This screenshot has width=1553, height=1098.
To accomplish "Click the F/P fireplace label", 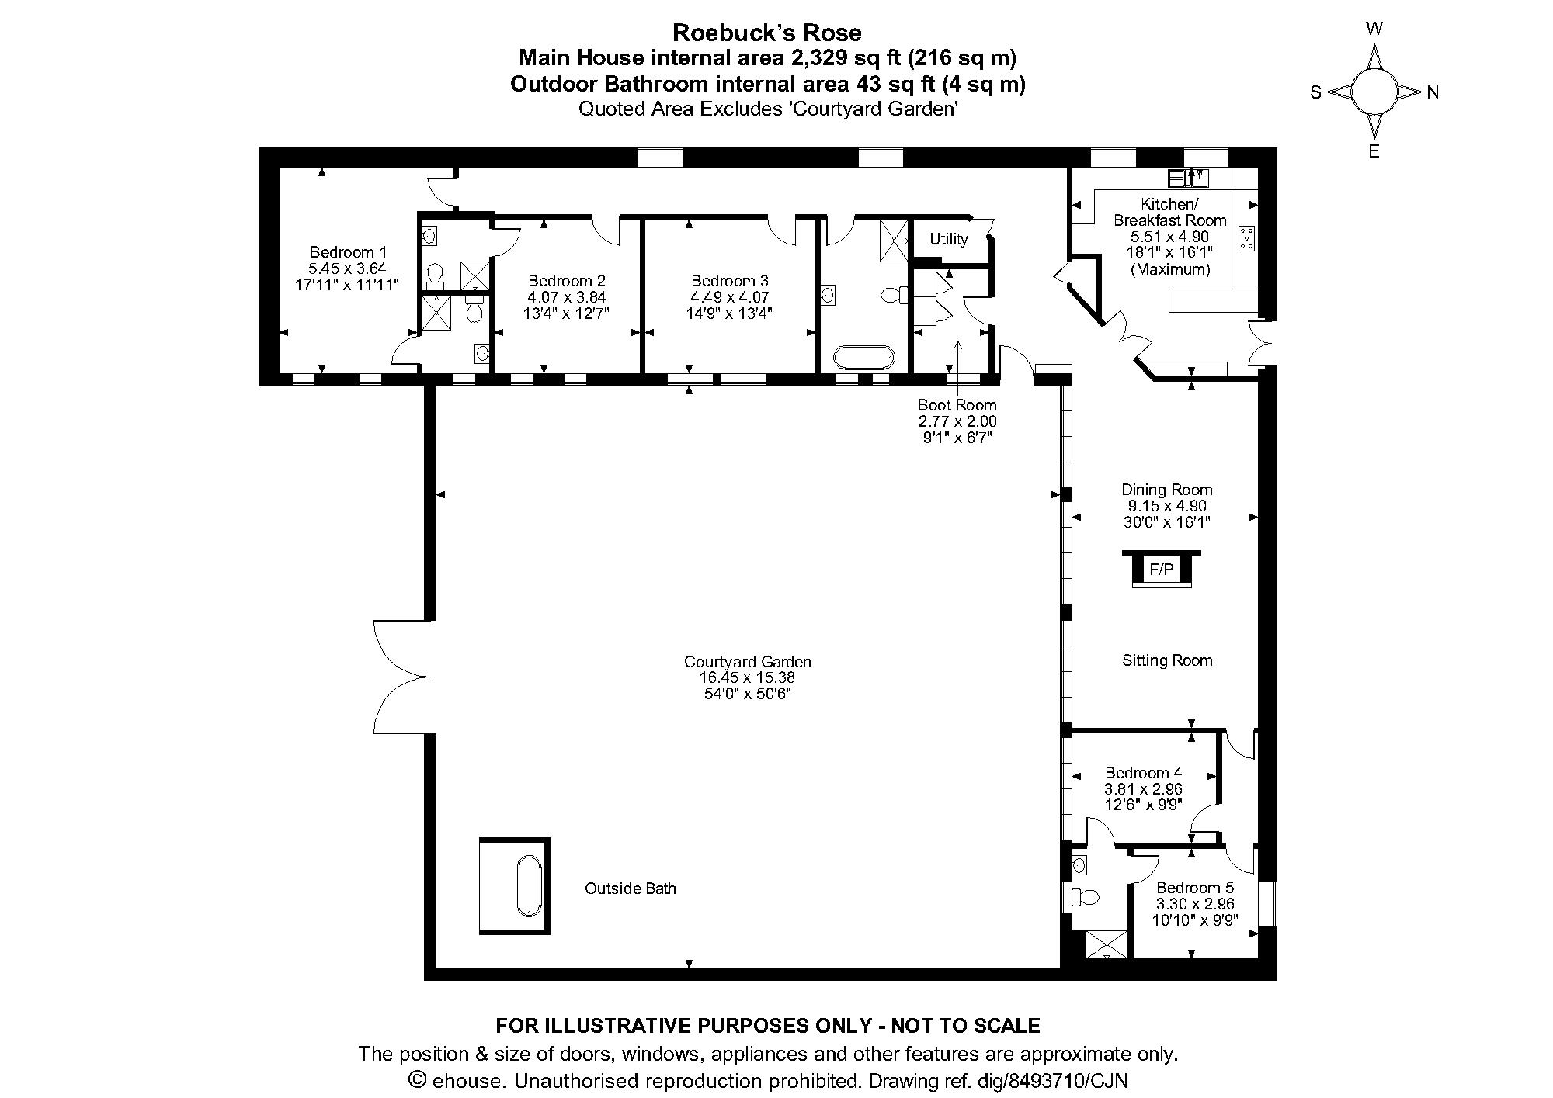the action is tap(1161, 570).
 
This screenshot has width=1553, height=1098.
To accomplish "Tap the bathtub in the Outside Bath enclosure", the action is tap(530, 885).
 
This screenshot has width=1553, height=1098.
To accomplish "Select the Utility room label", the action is tap(948, 239).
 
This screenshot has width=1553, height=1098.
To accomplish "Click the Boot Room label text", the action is tap(957, 405).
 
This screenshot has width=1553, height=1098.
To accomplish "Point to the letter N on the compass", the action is tap(1433, 92).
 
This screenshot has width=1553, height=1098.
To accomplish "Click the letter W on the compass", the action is tap(1374, 29).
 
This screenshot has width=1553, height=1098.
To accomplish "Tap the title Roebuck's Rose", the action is tap(767, 33).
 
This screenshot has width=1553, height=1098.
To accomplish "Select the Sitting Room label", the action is tap(1167, 660).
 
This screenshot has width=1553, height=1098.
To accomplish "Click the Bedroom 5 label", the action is tap(1194, 888).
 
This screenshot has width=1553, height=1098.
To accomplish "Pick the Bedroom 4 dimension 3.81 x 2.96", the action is tap(1143, 789).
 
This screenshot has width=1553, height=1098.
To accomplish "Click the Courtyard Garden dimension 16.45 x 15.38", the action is tap(747, 677).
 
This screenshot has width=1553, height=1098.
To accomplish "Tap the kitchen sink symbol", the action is tap(1188, 178).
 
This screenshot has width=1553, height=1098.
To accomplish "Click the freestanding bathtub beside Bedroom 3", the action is tap(864, 358).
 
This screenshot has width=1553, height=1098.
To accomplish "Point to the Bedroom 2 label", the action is tap(566, 281).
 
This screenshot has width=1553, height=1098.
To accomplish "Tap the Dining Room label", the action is tap(1166, 490).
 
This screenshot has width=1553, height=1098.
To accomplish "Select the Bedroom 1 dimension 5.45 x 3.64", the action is tap(347, 268).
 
